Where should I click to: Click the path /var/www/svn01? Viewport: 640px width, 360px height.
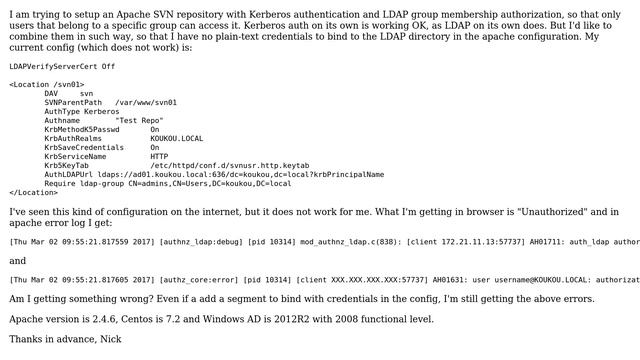click(x=146, y=102)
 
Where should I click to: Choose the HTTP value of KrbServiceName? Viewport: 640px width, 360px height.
click(x=159, y=156)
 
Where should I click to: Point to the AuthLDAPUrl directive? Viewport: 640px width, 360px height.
click(x=69, y=174)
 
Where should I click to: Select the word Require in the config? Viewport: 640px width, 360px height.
click(x=60, y=183)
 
